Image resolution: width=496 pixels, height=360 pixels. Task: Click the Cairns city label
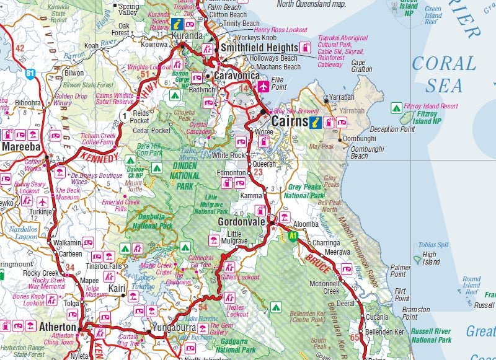(290, 121)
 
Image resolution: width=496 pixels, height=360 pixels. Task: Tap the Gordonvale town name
(241, 222)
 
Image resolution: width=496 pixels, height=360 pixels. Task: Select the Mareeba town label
(21, 147)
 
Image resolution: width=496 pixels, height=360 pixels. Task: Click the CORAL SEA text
(444, 73)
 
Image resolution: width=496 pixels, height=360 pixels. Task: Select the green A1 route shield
(291, 235)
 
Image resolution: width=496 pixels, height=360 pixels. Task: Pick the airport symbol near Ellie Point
(263, 86)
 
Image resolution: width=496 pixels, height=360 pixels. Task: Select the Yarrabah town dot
(325, 100)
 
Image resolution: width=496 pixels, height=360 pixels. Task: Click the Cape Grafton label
(358, 66)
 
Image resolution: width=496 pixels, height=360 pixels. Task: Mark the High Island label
(429, 258)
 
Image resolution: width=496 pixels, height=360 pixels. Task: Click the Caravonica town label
(236, 76)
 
